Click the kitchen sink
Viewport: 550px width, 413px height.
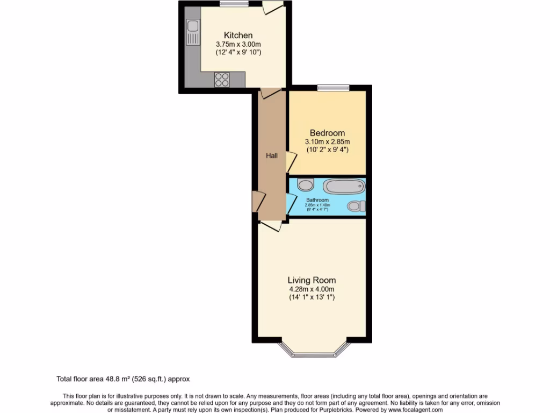click(x=192, y=32)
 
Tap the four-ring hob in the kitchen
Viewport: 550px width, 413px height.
click(x=221, y=80)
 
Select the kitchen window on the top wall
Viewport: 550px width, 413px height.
click(x=230, y=4)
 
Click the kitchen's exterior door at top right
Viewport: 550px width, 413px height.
click(x=272, y=8)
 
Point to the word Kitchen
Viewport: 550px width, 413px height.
click(x=238, y=35)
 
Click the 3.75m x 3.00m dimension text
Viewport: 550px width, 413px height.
click(x=238, y=44)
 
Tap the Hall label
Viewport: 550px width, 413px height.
click(x=272, y=156)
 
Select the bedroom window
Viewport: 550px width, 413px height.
click(x=333, y=88)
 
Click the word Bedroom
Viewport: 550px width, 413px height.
click(x=327, y=133)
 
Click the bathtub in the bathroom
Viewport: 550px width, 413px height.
click(x=344, y=187)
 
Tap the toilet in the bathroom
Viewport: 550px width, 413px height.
click(x=356, y=206)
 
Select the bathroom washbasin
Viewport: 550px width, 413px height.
click(x=305, y=185)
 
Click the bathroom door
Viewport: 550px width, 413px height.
click(x=291, y=204)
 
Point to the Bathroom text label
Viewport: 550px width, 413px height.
click(x=317, y=200)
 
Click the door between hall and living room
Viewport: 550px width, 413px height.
click(x=271, y=225)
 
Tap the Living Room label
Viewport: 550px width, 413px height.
click(x=312, y=280)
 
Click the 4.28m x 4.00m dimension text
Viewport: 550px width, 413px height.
click(x=312, y=289)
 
